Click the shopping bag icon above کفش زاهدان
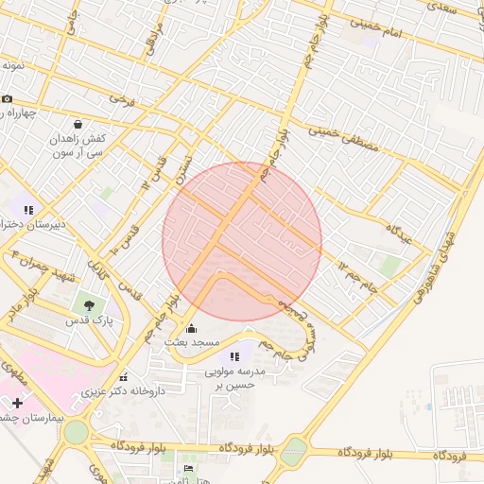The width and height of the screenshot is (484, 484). point(78,124)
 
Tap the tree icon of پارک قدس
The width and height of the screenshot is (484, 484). point(89,305)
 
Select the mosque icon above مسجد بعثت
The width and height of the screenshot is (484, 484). point(192,328)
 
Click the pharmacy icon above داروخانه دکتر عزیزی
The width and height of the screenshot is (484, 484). point(124,377)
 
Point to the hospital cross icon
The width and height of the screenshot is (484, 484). point(17,404)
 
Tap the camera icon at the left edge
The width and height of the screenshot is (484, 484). point(8,99)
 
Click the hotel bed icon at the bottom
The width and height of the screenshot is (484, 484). point(188,469)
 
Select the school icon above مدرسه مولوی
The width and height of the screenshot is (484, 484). point(234,356)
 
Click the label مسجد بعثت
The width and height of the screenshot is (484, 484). point(192,341)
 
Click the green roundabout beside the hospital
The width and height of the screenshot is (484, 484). point(77,433)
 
